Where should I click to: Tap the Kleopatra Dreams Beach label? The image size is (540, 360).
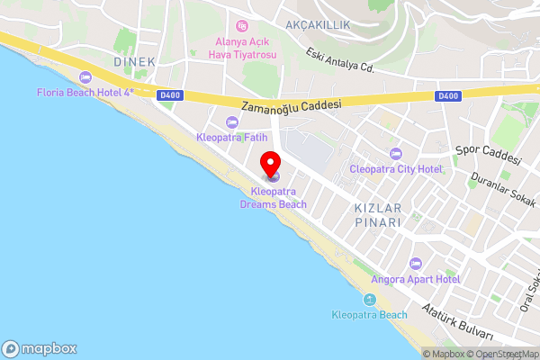point(273,198)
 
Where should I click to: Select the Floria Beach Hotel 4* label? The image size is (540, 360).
point(85,92)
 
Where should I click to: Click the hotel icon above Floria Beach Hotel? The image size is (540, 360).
point(85,76)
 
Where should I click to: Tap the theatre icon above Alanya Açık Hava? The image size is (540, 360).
point(240,25)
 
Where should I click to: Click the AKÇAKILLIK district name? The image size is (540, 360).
point(316,24)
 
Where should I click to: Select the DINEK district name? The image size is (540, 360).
point(135,61)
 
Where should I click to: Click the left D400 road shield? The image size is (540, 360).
point(168,95)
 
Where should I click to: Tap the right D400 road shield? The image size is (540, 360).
point(447,95)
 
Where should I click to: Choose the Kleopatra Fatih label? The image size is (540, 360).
point(233,137)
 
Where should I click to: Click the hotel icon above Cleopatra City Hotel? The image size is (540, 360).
point(396,153)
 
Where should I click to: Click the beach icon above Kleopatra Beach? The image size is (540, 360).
point(369,300)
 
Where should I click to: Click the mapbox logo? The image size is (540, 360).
point(40,348)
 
